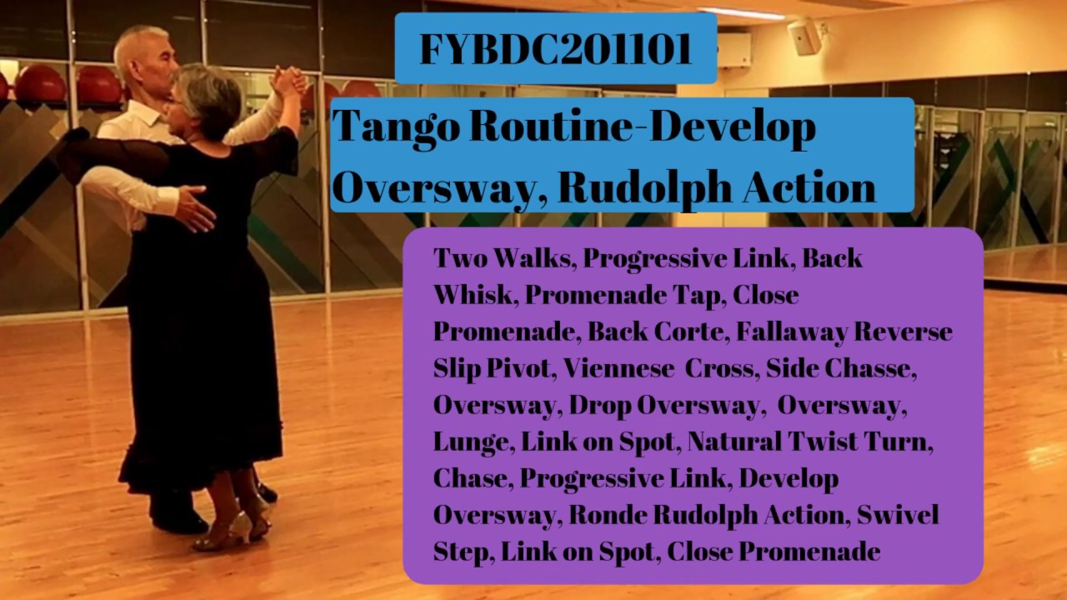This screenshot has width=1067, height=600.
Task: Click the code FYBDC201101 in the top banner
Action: tap(555, 49)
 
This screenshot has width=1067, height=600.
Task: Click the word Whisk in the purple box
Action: tap(471, 295)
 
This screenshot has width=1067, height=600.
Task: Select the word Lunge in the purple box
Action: tap(470, 442)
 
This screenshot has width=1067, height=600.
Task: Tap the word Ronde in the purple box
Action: tap(605, 515)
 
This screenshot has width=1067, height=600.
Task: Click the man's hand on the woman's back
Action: tap(194, 207)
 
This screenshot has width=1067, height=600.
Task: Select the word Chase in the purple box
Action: tap(471, 478)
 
